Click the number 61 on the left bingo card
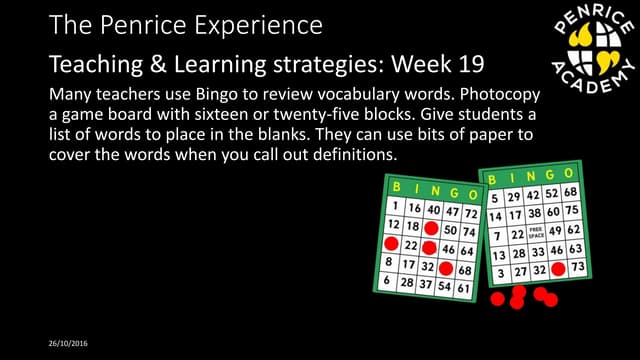coord(463,289)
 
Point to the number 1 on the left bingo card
coord(397,206)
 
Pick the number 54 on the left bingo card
coord(444,287)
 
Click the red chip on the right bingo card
coord(558,268)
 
